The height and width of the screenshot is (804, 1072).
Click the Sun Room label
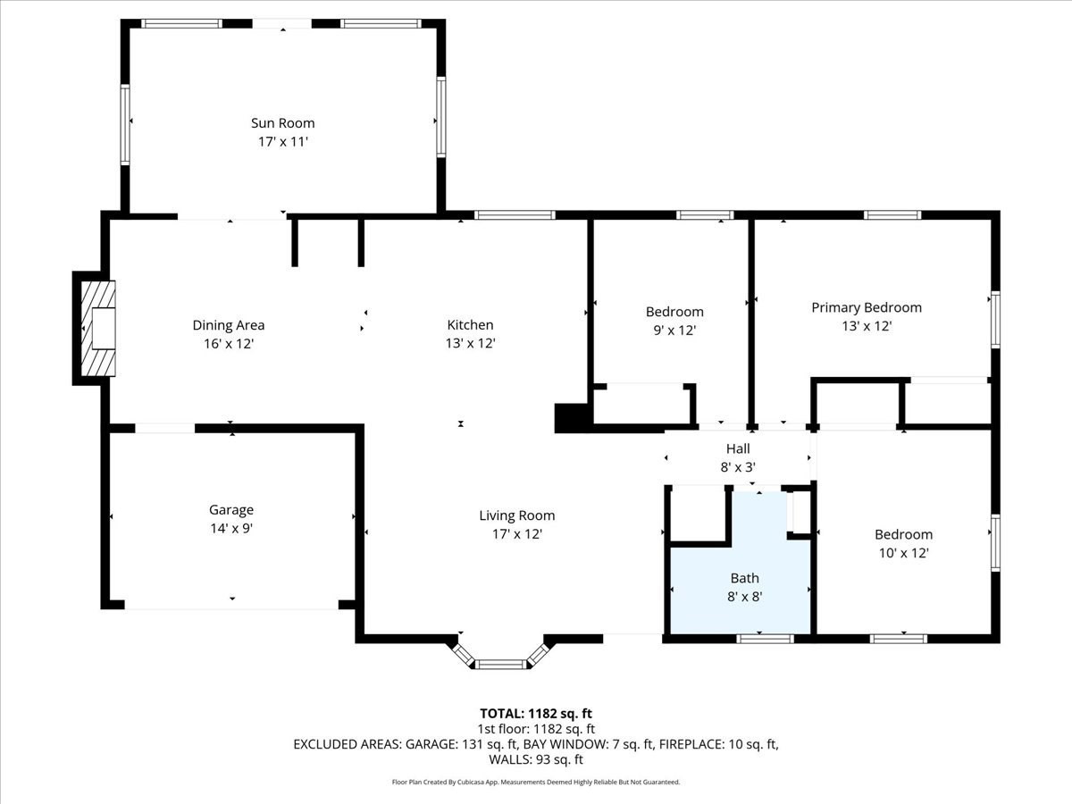pos(282,123)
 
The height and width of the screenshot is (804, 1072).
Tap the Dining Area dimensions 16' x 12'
pos(229,343)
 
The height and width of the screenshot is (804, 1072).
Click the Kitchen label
pos(470,325)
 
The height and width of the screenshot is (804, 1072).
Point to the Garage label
pos(231,510)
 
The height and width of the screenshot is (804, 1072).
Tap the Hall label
pos(738,448)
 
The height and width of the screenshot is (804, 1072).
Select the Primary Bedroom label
pos(866,307)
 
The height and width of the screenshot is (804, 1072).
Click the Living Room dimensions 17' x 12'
pos(516,534)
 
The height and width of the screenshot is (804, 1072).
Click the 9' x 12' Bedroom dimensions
pos(674,331)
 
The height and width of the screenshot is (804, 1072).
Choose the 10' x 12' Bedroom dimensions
pos(903,553)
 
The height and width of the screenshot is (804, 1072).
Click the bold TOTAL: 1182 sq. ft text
pos(536,713)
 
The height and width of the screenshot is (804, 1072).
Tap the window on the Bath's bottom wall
pos(765,638)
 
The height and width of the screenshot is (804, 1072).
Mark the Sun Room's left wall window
pos(125,124)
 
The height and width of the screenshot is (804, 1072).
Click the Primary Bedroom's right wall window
pos(994,319)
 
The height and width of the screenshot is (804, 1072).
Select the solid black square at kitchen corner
pos(571,418)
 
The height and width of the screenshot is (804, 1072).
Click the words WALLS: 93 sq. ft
pos(536,759)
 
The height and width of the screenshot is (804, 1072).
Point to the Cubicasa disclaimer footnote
pos(536,782)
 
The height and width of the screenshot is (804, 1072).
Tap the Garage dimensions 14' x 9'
pos(231,528)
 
